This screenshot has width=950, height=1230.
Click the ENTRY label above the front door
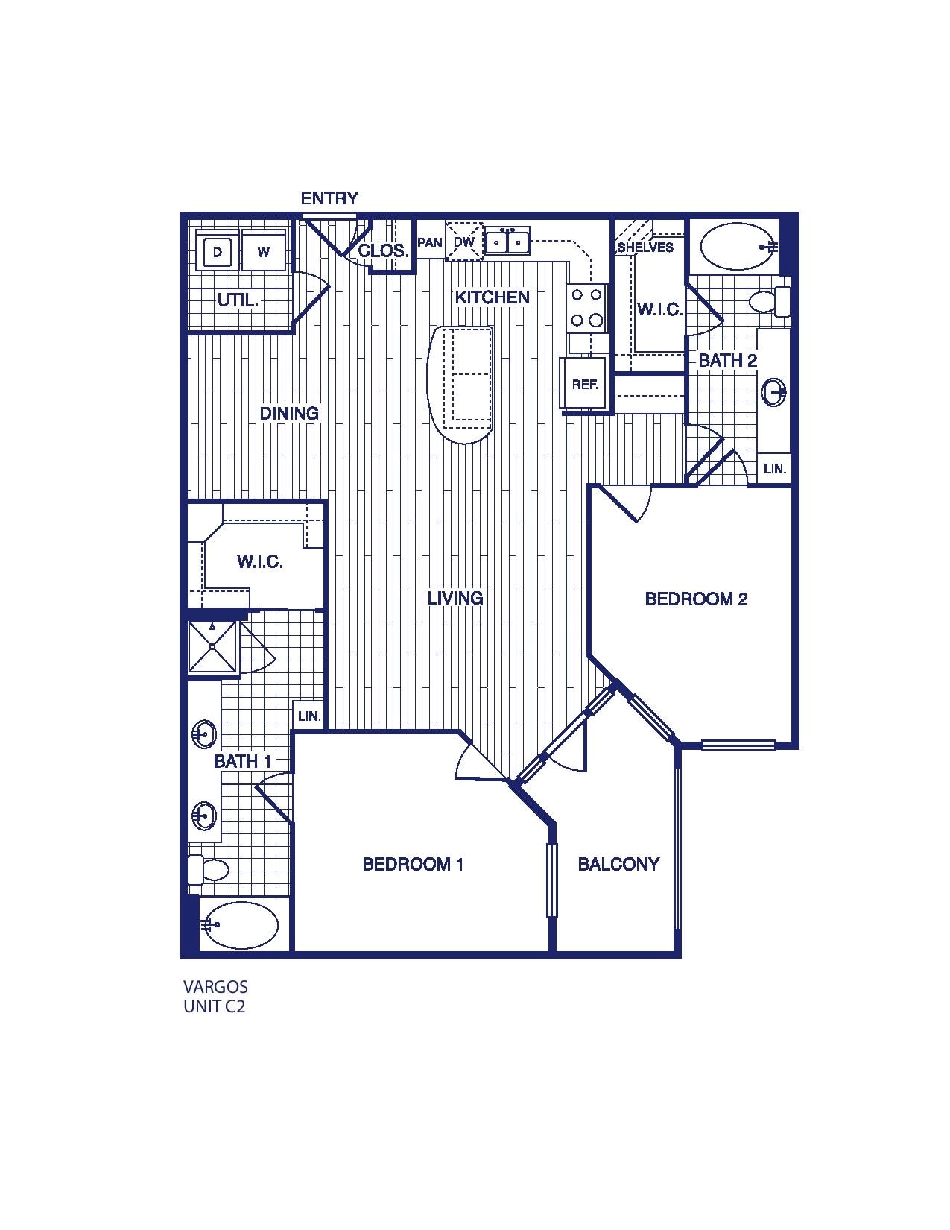[x=329, y=198]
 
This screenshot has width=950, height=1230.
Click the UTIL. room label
[x=238, y=300]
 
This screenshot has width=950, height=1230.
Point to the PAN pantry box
[x=430, y=243]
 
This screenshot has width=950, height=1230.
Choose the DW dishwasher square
[x=464, y=242]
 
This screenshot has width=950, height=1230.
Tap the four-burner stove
[x=586, y=308]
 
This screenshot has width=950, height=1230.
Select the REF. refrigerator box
[x=585, y=384]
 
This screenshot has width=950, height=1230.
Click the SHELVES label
[x=645, y=247]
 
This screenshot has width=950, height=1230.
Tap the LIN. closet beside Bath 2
[x=775, y=469]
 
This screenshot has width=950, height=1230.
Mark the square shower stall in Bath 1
[x=212, y=646]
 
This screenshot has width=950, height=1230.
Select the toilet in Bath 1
[x=208, y=869]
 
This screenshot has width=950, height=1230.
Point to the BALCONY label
[x=618, y=864]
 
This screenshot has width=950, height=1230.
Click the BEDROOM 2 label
[x=696, y=599]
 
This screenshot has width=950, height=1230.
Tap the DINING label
[x=289, y=413]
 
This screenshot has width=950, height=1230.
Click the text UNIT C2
[x=215, y=1006]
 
